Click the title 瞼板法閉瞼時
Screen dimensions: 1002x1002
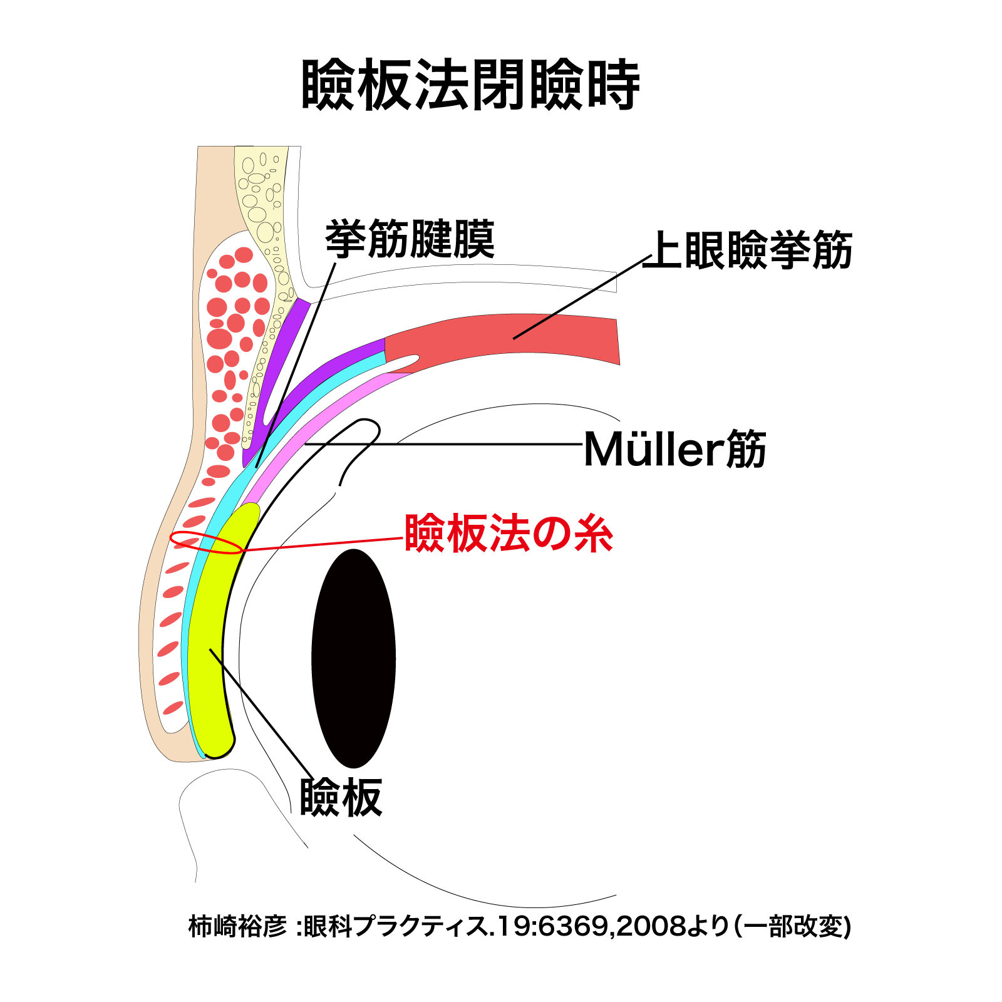coord(471,86)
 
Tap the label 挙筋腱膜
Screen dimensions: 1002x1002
coord(410,239)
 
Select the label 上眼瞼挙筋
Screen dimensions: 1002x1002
coord(748,250)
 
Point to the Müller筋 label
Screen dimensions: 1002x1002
coord(674,449)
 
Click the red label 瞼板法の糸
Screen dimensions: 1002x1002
coord(509,534)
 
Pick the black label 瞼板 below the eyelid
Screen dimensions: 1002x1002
coord(341,797)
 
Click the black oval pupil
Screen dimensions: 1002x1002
coord(354,658)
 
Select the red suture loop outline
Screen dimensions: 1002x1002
coord(207,542)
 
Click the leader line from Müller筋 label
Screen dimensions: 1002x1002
coord(443,444)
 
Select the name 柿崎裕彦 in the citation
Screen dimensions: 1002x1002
coord(237,926)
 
